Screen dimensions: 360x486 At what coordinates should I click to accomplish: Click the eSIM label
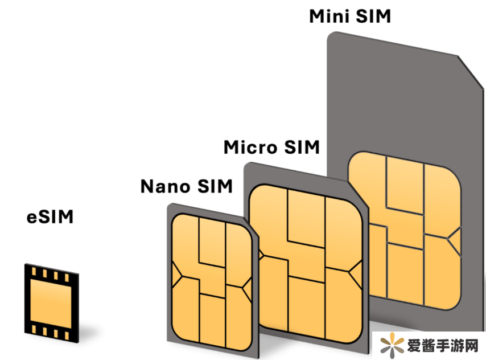(x=51, y=218)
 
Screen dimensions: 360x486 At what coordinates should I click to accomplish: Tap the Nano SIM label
(x=187, y=186)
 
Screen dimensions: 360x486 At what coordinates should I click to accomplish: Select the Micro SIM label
(x=271, y=148)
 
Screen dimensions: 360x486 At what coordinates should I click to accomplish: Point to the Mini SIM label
(x=350, y=17)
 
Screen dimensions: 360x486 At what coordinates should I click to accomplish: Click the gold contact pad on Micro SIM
(x=307, y=256)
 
